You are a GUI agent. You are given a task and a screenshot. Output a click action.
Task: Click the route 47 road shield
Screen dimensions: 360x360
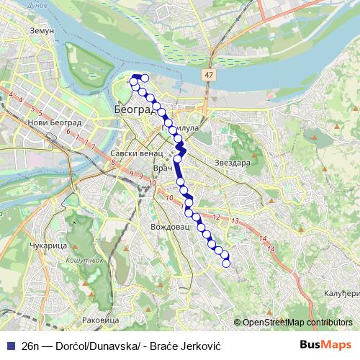(209, 74)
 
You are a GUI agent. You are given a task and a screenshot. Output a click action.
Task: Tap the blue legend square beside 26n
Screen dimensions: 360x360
(9, 344)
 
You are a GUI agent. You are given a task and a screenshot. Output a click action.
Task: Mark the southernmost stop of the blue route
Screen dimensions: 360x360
(226, 263)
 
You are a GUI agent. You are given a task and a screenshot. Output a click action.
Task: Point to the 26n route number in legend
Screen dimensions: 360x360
(30, 344)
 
